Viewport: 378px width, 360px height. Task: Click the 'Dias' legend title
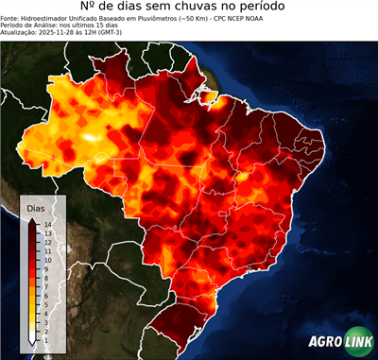click(35, 207)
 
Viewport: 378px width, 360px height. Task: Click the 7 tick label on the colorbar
click(45, 280)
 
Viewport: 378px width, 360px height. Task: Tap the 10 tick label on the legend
click(46, 256)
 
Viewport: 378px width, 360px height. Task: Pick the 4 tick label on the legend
click(45, 303)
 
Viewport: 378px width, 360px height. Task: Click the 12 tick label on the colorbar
click(46, 241)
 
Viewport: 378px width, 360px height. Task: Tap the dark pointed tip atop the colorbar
click(32, 219)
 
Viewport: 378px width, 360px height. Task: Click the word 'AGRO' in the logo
click(325, 344)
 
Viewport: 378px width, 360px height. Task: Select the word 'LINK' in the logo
click(356, 344)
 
